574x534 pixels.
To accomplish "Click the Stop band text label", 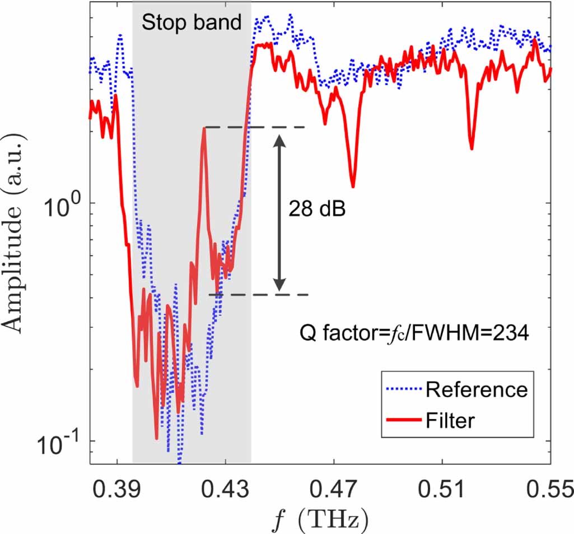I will [x=191, y=22].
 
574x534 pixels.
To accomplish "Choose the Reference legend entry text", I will [x=476, y=389].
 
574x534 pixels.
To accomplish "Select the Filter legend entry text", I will [x=450, y=419].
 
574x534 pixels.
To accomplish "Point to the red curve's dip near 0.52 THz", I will [x=472, y=148].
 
